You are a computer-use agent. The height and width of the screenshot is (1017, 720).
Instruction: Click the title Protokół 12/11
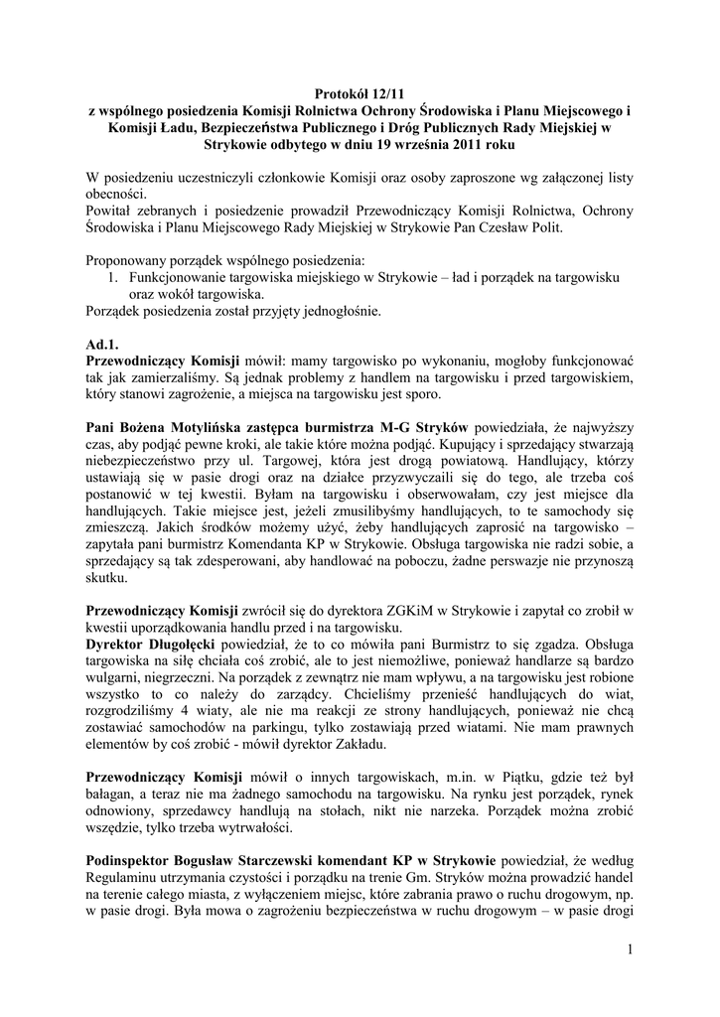coord(360,93)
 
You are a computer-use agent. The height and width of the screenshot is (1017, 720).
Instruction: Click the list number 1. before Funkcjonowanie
coord(112,278)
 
